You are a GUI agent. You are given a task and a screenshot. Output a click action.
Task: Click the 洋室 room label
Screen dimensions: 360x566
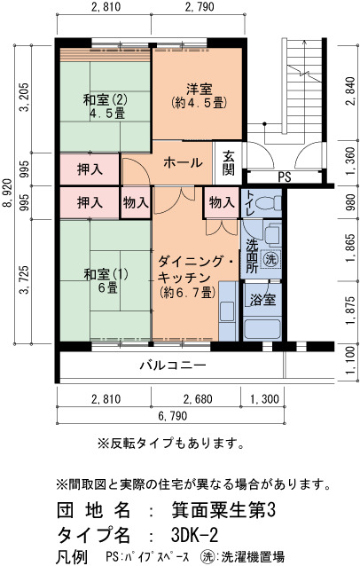pos(200,89)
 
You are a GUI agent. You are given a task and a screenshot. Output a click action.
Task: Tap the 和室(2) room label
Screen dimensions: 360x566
pos(106,100)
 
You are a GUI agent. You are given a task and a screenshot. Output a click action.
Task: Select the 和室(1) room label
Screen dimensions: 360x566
pos(106,274)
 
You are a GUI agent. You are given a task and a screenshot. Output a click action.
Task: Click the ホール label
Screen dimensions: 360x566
pos(183,163)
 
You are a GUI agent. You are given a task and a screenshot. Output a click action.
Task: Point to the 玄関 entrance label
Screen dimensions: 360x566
pos(229,163)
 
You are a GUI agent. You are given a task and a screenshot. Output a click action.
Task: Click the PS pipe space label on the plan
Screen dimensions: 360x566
pos(285,177)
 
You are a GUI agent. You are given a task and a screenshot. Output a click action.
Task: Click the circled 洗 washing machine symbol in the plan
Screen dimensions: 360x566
pos(270,259)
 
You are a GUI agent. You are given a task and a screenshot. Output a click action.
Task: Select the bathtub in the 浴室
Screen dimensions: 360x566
pos(262,329)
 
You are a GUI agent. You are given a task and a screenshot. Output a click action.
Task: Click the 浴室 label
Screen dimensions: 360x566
pos(263,300)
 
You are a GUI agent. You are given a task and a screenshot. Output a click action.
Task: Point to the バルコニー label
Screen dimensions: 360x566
pos(173,366)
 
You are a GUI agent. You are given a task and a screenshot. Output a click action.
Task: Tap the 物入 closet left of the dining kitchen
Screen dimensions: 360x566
pos(136,202)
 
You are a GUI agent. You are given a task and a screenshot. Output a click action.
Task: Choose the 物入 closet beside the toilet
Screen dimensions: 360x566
pos(222,202)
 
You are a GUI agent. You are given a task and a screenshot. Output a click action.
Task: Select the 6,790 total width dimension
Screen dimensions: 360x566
pos(173,416)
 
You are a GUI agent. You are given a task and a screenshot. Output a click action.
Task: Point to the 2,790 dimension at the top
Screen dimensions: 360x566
pos(200,6)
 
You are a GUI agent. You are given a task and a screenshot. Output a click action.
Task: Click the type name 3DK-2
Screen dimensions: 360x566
pos(195,535)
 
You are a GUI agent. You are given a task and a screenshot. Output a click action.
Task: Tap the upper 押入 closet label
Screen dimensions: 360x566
pos(90,169)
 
